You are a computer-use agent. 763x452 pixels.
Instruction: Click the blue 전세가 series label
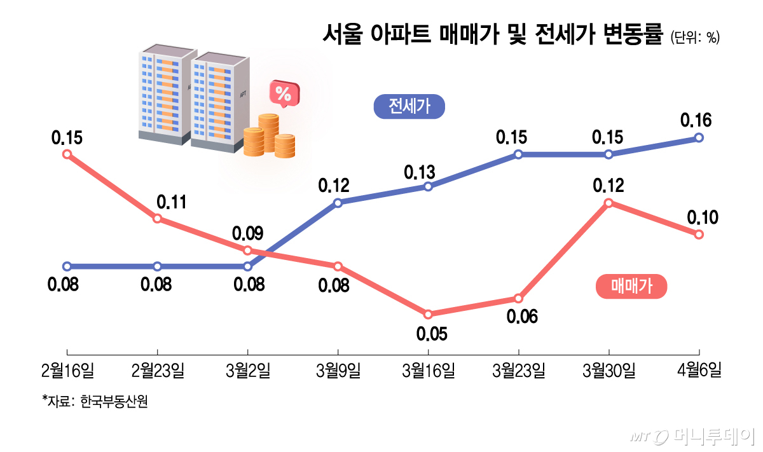tap(409, 107)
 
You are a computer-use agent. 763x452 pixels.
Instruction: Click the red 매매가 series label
tap(631, 287)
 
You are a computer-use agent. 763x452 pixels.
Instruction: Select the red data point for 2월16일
tap(67, 154)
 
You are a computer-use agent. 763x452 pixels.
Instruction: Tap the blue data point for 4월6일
tap(699, 137)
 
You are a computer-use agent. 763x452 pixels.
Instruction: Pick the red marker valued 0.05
tap(428, 314)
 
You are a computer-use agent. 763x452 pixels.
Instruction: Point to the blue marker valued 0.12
tap(338, 203)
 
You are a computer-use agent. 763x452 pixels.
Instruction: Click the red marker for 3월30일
tap(608, 203)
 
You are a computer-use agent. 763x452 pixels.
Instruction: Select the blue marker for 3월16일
tap(428, 186)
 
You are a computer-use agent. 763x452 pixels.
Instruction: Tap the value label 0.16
tap(696, 120)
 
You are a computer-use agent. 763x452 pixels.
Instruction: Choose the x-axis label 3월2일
tap(247, 371)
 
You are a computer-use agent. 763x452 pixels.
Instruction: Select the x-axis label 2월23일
tap(158, 371)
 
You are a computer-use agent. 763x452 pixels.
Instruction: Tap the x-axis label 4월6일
tap(699, 371)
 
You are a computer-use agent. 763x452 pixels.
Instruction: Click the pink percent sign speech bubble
tap(284, 94)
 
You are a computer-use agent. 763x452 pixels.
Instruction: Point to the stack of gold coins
tap(269, 136)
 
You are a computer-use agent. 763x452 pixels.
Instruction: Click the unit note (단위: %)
tap(694, 38)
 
